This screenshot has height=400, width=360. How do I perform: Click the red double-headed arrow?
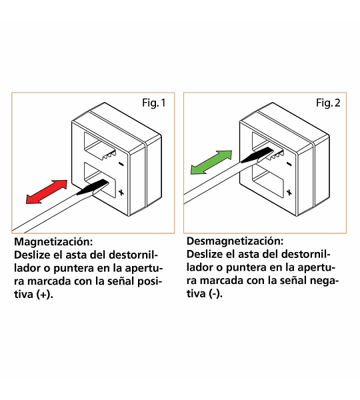tap(47, 192)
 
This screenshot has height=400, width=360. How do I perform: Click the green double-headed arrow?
tap(211, 163)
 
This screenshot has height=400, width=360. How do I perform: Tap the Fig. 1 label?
tap(154, 103)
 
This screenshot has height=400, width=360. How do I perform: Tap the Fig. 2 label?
tap(328, 103)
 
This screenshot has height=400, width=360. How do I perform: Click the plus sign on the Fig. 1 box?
tap(121, 192)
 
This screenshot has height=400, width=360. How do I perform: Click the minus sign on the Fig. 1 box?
tap(121, 164)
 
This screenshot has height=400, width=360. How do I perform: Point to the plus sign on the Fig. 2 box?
tap(289, 192)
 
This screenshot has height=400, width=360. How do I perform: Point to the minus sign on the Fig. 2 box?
tap(289, 164)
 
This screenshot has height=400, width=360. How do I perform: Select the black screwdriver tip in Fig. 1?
tap(93, 187)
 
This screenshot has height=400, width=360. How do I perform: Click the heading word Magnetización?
tap(53, 241)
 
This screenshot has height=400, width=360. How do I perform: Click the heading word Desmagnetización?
tap(235, 241)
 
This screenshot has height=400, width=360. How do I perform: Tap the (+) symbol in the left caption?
tap(45, 295)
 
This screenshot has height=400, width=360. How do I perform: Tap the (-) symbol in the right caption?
tap(216, 293)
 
